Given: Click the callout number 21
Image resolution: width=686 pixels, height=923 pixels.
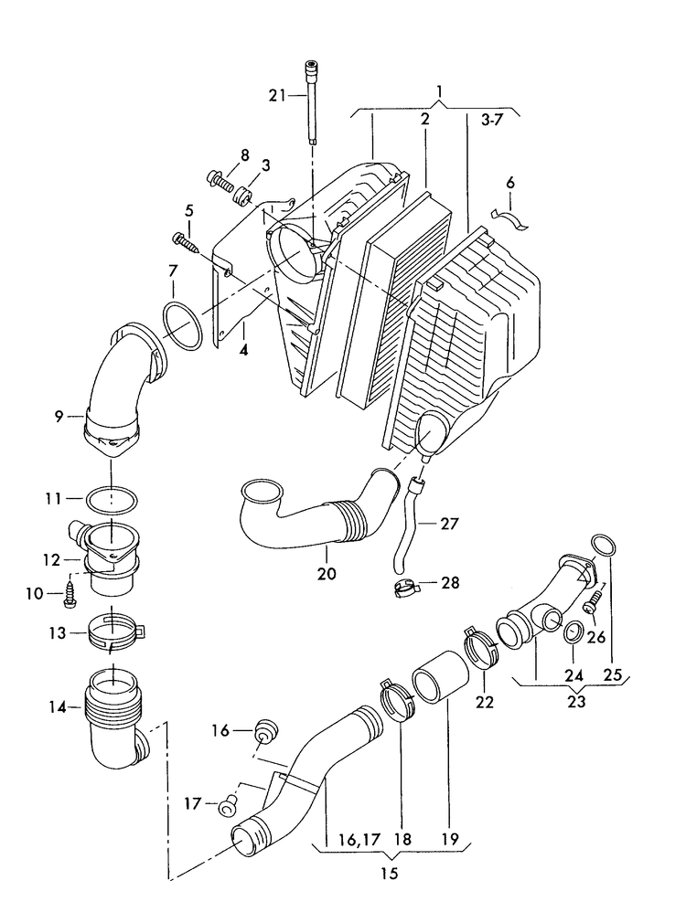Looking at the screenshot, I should click(x=277, y=94).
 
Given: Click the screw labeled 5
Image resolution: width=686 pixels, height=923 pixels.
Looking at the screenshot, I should click(x=186, y=242).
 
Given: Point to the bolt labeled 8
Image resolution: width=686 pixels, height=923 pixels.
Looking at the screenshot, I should click(x=221, y=180).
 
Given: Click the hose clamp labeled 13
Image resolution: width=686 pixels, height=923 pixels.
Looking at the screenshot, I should click(x=116, y=632).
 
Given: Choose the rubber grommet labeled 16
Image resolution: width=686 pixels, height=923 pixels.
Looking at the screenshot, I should click(x=267, y=730).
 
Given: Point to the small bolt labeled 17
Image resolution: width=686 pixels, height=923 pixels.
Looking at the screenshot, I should click(x=228, y=804).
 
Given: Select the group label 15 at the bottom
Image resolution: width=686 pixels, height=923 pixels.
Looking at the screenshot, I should click(x=389, y=874).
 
